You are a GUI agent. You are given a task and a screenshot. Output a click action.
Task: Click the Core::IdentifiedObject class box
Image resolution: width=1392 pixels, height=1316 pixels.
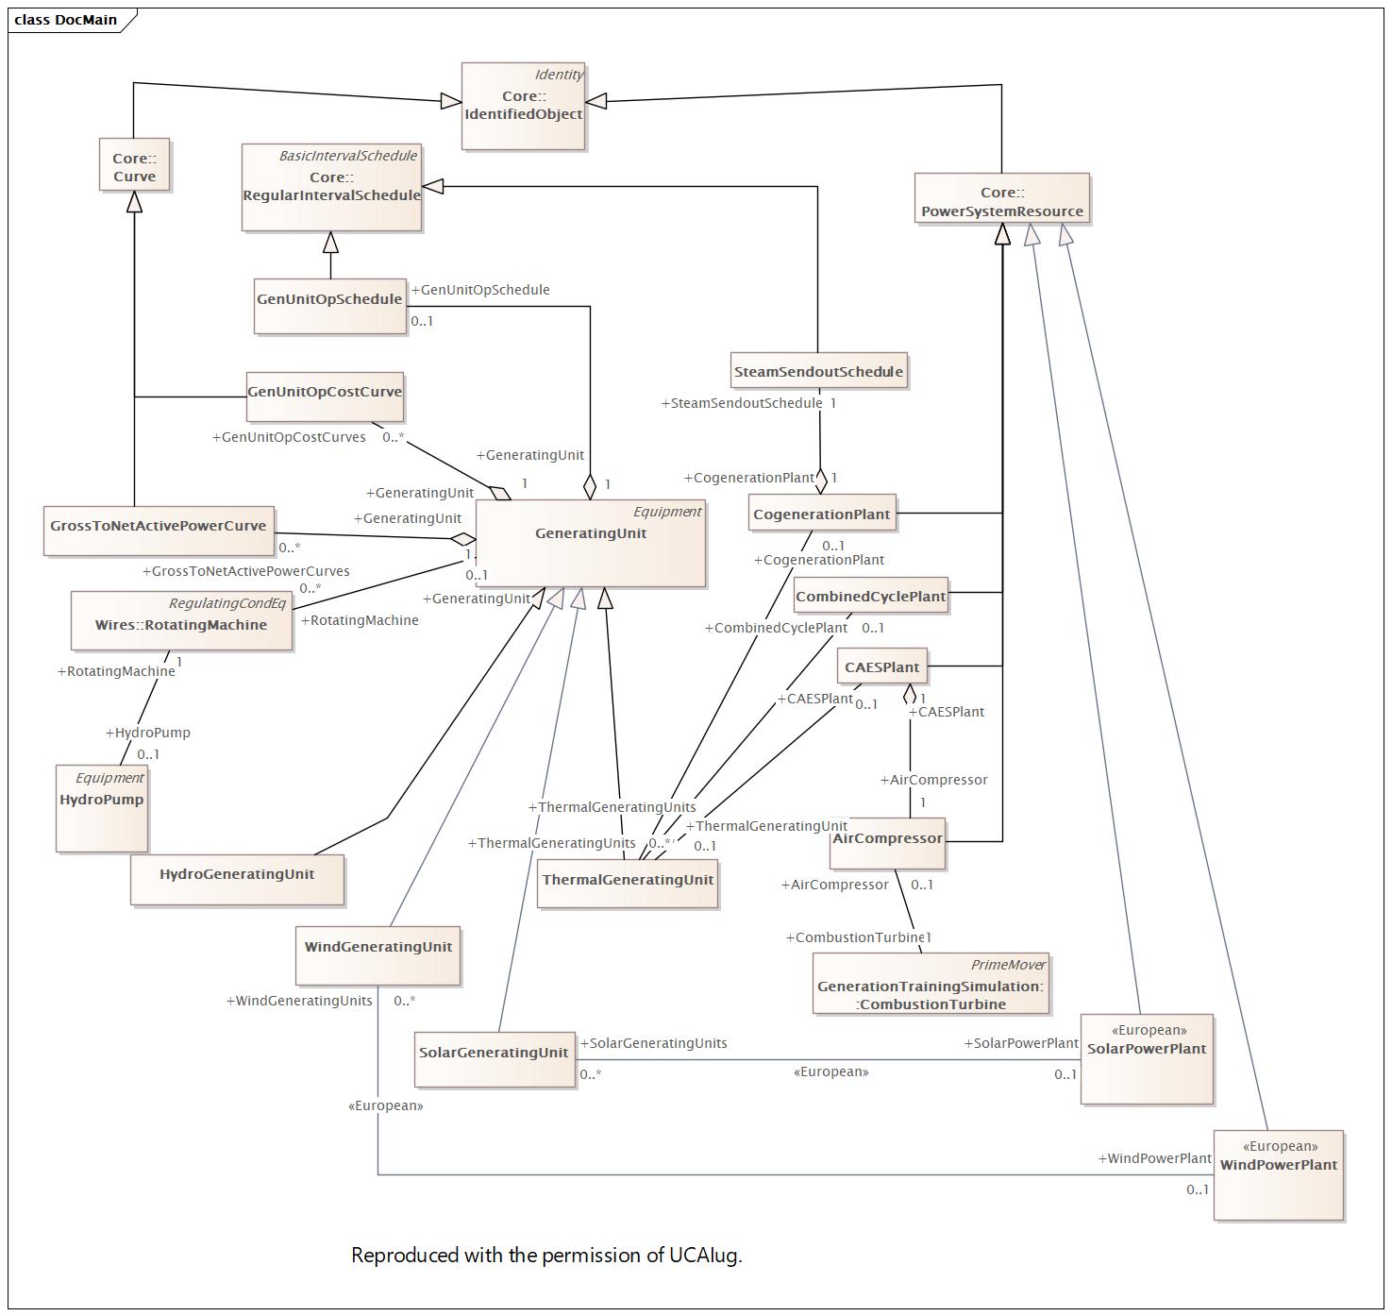tap(523, 106)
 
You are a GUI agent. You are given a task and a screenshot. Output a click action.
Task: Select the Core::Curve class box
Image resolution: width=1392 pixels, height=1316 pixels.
tap(135, 165)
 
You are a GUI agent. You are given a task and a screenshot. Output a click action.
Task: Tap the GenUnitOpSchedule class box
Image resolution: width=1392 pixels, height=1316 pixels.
tap(330, 307)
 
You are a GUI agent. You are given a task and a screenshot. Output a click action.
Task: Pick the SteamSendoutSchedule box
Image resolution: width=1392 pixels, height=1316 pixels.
tap(818, 370)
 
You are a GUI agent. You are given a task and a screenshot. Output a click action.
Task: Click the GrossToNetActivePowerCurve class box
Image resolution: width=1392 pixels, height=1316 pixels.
tap(159, 531)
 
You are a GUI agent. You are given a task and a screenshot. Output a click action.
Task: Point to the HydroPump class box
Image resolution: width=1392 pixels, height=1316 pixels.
tap(102, 809)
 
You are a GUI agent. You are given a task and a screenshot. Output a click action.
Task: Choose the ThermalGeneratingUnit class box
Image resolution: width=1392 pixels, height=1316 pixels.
tap(628, 884)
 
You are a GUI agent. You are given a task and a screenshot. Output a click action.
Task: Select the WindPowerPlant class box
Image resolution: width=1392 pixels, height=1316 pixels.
tap(1279, 1175)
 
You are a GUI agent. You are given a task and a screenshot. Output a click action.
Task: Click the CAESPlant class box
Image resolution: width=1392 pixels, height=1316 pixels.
tap(882, 666)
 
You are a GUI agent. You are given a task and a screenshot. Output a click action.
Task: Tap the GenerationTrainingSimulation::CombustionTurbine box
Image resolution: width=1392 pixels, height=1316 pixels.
tap(931, 984)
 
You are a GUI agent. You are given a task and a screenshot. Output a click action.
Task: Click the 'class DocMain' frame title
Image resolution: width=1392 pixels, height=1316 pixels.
tap(66, 20)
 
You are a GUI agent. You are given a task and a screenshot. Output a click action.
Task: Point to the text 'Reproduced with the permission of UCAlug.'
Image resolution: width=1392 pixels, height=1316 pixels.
tap(546, 1255)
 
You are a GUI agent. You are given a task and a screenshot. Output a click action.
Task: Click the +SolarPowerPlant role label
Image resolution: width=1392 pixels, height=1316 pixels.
tap(1021, 1043)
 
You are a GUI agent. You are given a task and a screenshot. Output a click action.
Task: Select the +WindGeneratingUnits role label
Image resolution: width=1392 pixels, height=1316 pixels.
tap(299, 1001)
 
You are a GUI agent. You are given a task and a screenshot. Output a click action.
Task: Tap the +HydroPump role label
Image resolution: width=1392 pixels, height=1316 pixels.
tap(148, 733)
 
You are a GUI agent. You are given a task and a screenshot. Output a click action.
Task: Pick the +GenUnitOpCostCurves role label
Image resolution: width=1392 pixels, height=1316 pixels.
tap(289, 437)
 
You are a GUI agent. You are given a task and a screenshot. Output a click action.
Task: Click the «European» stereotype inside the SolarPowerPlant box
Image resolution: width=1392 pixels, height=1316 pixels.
tap(1149, 1031)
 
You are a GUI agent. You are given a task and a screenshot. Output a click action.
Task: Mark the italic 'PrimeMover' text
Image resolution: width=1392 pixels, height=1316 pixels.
tap(1008, 965)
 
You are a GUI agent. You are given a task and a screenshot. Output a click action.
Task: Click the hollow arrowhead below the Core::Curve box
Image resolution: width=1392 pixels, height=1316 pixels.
tap(135, 202)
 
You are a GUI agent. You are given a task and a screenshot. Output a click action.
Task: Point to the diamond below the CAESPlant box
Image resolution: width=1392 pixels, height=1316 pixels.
tap(910, 695)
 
